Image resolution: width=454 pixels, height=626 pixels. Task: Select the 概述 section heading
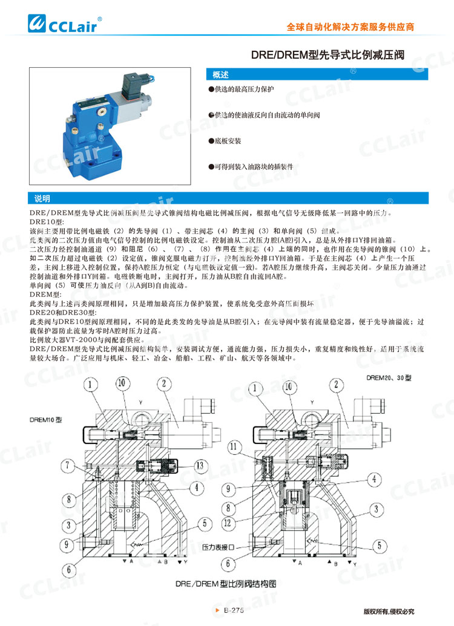click(220, 76)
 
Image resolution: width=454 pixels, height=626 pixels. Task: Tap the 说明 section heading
click(42, 198)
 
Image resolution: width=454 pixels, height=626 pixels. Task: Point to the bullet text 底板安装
click(228, 140)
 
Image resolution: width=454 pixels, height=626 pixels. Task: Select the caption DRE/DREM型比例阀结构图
click(225, 584)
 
